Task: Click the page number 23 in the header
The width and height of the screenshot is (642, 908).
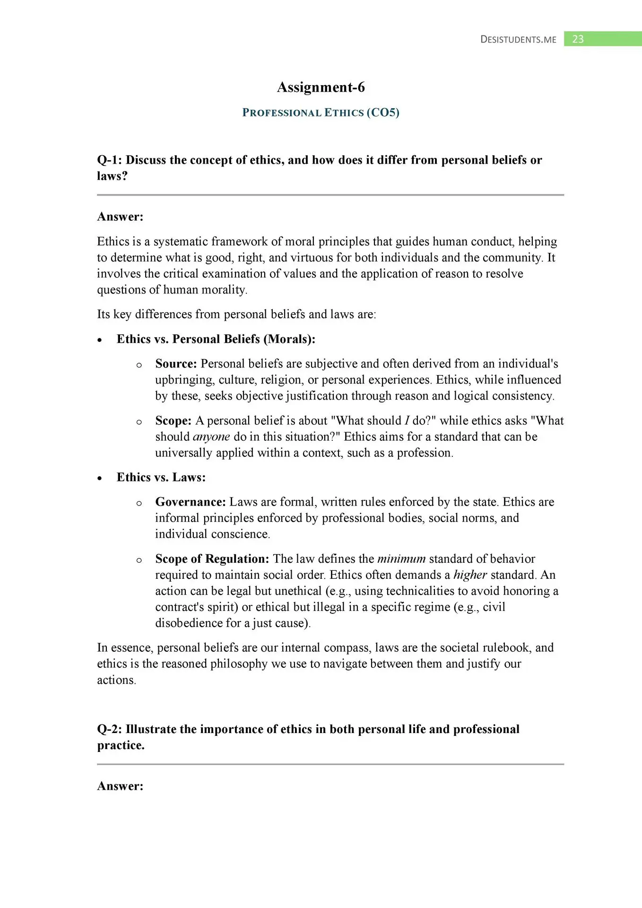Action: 578,39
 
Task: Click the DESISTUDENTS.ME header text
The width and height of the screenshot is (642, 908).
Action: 518,40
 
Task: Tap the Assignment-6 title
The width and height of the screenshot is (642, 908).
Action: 321,87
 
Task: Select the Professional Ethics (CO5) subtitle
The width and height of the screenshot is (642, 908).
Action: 321,113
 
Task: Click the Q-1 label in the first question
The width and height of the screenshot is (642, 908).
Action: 109,160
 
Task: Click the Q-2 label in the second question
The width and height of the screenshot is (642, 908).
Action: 109,729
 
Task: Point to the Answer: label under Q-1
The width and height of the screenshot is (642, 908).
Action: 120,217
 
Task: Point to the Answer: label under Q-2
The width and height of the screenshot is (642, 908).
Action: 120,786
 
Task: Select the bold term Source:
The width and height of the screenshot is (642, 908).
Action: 176,364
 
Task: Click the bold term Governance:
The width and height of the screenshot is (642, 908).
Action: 191,502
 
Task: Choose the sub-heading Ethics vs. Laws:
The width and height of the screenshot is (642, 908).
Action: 161,477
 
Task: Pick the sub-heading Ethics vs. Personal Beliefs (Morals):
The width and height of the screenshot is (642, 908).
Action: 216,339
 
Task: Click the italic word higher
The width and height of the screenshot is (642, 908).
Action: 470,575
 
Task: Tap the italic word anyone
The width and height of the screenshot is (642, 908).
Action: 211,437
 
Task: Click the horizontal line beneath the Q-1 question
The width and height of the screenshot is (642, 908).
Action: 330,195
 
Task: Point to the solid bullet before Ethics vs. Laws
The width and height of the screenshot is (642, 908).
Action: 99,478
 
